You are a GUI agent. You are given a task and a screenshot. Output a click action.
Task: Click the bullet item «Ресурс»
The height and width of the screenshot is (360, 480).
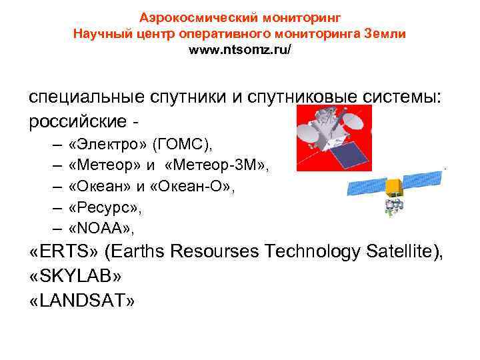(101, 208)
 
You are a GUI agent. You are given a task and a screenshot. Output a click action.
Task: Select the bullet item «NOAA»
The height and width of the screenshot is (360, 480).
(101, 229)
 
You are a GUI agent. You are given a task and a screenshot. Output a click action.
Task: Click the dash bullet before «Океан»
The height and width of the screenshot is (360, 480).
(53, 187)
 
